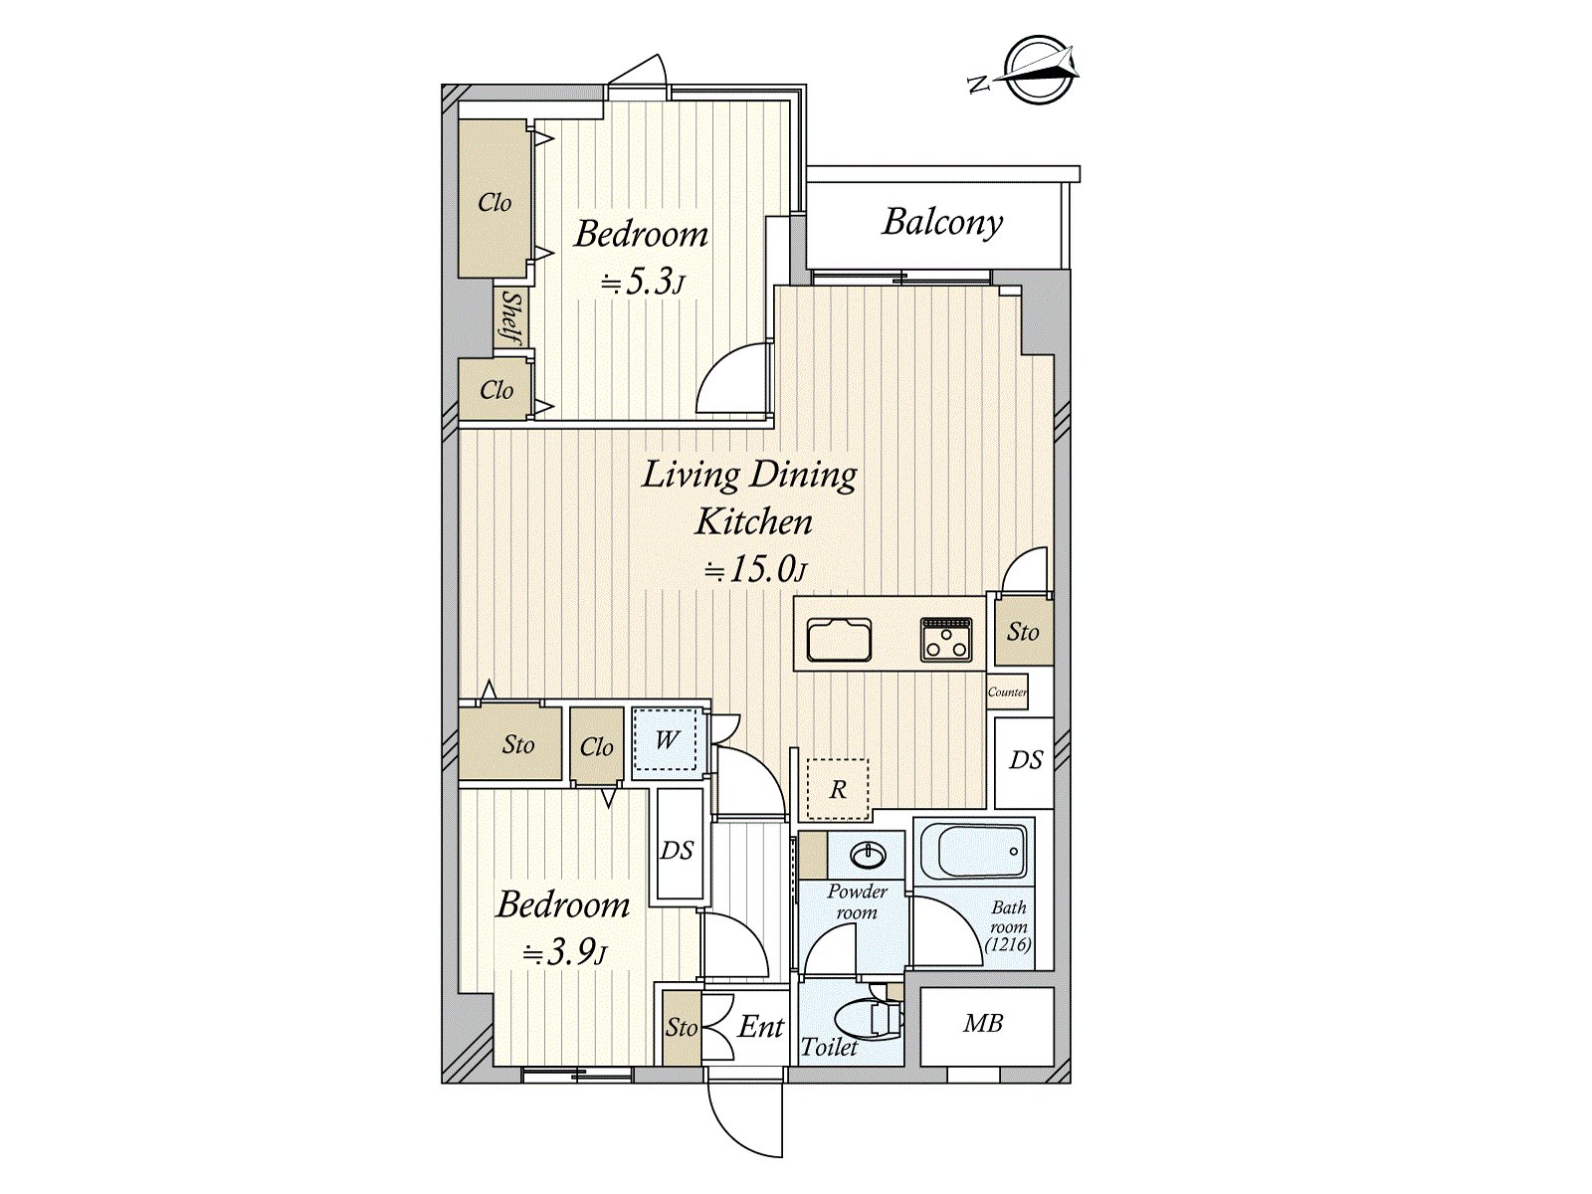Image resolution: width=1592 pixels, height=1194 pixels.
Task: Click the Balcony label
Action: point(941,222)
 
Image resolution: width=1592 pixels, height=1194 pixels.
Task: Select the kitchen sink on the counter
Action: point(839,640)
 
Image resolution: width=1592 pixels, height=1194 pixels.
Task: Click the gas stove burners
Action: point(946,639)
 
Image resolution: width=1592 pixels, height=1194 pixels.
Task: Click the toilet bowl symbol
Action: point(864,1019)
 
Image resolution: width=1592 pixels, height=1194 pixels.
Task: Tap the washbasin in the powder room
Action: point(871,856)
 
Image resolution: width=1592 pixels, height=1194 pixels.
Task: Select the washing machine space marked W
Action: point(666,739)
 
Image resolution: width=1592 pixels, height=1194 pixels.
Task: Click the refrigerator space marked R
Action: point(838,789)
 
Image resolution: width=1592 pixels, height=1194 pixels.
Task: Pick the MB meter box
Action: point(984,1024)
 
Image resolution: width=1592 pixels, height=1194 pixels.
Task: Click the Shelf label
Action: point(510,319)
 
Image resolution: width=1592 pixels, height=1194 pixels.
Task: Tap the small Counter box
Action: point(1007,692)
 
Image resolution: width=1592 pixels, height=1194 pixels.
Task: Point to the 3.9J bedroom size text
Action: point(564,953)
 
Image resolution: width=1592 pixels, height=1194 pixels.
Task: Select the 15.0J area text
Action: point(754,569)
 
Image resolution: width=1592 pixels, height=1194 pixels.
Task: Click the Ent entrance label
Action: point(760,1027)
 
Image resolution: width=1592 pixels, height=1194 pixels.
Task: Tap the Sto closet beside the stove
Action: point(1023,631)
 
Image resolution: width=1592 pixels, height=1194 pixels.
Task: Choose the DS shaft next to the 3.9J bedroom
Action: point(678,850)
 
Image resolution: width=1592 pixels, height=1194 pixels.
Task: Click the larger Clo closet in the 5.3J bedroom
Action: point(494,201)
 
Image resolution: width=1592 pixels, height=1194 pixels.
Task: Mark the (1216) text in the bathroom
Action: point(1008,945)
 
